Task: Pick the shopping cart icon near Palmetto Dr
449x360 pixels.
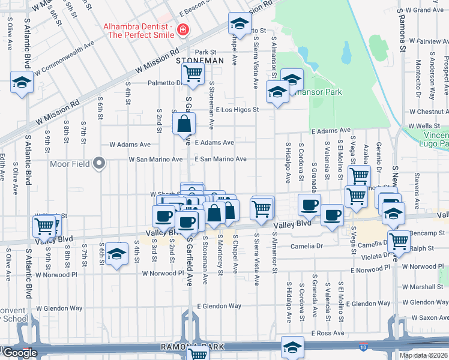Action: click(193, 74)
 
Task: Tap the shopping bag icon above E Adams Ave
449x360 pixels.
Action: click(184, 125)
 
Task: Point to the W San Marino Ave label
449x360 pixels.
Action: click(155, 160)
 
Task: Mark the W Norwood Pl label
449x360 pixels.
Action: click(163, 273)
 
